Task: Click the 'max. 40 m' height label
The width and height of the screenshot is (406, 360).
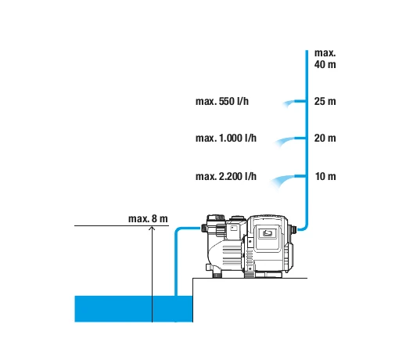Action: (x=325, y=59)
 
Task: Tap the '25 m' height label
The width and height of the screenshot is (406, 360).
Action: (x=325, y=101)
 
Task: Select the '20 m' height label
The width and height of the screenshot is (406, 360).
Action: (x=325, y=138)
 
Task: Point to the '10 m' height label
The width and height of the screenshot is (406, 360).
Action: (x=325, y=176)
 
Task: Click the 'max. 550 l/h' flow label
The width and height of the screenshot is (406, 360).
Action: (x=222, y=101)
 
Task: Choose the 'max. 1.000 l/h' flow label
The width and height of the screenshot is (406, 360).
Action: (x=226, y=138)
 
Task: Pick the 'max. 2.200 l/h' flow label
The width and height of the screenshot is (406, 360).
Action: (x=226, y=176)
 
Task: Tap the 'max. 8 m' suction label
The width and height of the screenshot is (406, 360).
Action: (x=148, y=218)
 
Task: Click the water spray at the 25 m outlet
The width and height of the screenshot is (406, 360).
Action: (x=289, y=103)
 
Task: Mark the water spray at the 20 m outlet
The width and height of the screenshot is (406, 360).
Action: (x=284, y=142)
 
